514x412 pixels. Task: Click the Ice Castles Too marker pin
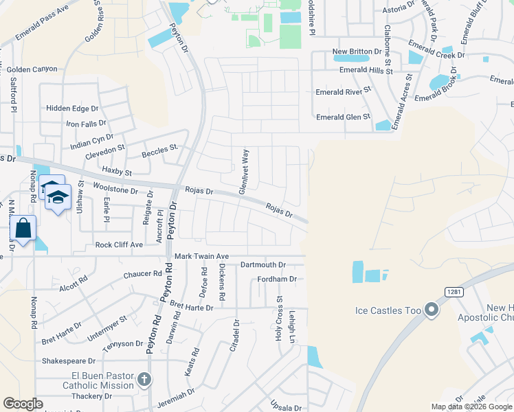coord(432,310)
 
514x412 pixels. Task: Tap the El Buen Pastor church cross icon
coord(144,379)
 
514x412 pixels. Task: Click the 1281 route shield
coord(454,292)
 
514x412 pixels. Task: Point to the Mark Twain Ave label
coord(201,255)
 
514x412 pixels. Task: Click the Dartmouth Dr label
coord(262,264)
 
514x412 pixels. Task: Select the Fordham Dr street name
coord(276,279)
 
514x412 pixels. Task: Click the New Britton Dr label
coord(357,51)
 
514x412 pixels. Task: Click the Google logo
coord(23,404)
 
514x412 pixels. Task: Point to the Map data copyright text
coord(471,407)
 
